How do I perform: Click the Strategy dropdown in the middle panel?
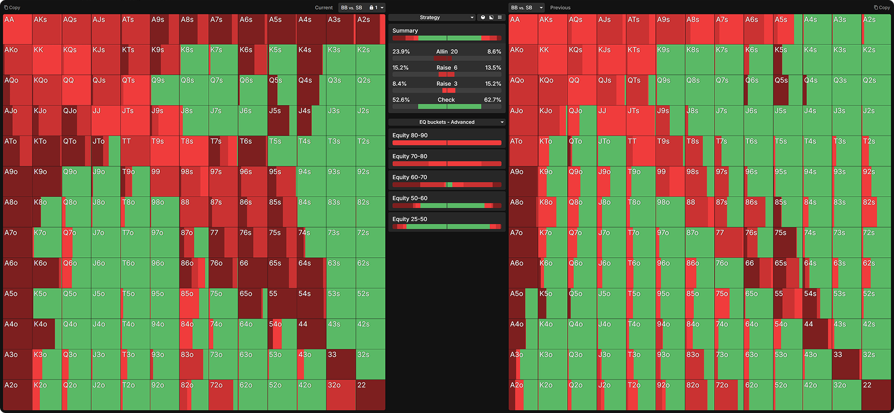[431, 17]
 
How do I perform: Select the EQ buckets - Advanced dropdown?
[446, 122]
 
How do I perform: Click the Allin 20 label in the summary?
[446, 51]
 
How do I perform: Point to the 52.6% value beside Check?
[401, 100]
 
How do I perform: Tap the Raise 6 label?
[446, 68]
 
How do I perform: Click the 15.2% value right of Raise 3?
[493, 84]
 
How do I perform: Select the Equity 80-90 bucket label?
[410, 136]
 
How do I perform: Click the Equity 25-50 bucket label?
[410, 219]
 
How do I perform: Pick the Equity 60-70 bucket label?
[410, 177]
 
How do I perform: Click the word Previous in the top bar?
[560, 8]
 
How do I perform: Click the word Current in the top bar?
[324, 8]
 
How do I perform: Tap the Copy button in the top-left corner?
[12, 8]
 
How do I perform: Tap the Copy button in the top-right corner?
[882, 8]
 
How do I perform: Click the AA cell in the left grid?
[17, 30]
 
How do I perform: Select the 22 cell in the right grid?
[876, 395]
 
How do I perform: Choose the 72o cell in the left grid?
[223, 395]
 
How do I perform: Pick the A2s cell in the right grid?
[876, 30]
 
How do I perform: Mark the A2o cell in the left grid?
[17, 395]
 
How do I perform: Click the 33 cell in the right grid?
[846, 364]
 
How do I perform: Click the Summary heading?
[405, 31]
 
